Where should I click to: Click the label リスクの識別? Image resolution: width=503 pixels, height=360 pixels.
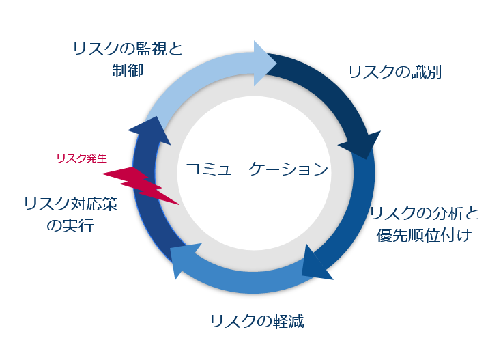click(x=394, y=72)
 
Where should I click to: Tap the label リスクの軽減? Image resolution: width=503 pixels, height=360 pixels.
click(x=256, y=320)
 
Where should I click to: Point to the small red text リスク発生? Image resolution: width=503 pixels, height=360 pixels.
click(x=81, y=158)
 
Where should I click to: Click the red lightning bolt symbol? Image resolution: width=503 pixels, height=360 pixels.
click(x=140, y=184)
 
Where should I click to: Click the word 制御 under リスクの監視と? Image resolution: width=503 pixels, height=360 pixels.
click(x=128, y=70)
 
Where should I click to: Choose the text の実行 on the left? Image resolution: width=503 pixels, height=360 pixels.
click(x=70, y=225)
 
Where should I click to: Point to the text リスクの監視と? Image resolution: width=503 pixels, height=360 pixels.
click(x=128, y=48)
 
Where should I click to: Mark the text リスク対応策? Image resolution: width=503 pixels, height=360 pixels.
click(x=70, y=204)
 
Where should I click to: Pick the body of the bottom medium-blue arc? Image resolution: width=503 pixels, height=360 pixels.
click(x=246, y=276)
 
